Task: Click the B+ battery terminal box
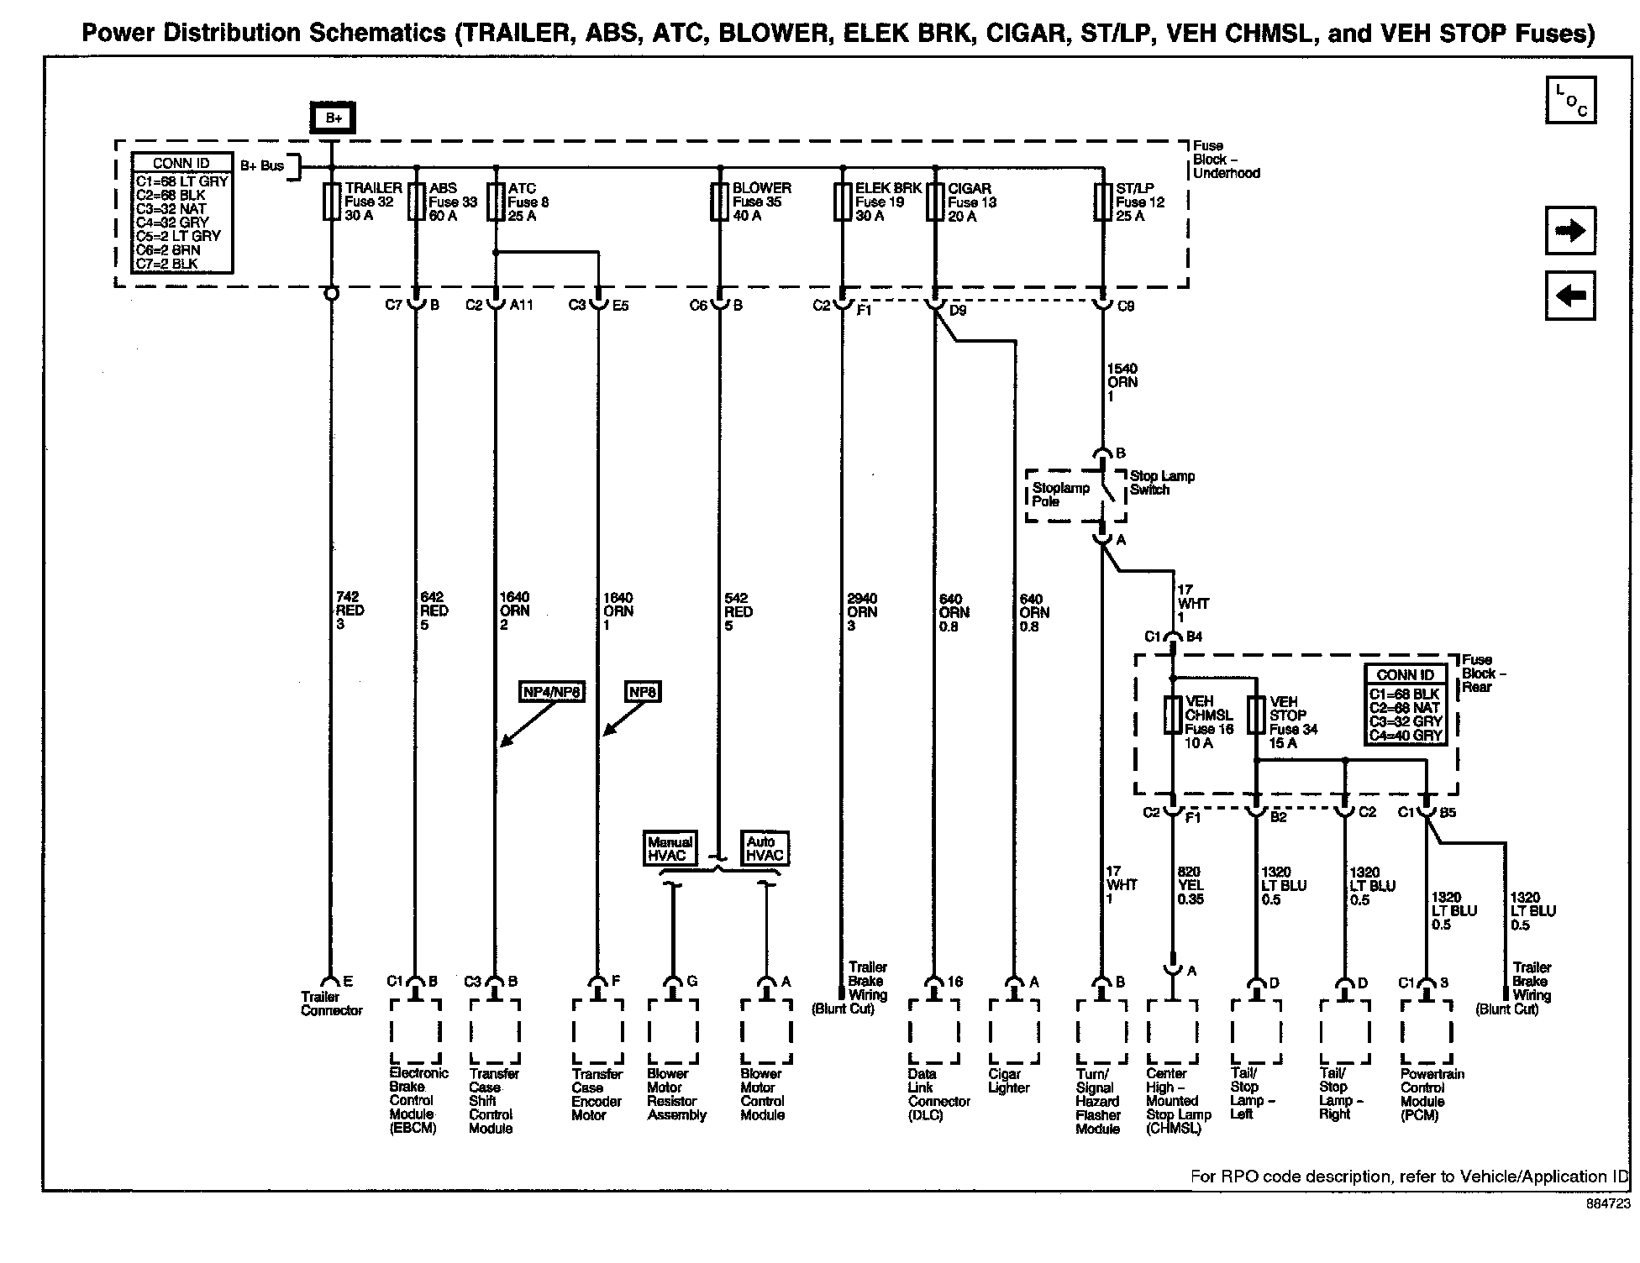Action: click(x=334, y=118)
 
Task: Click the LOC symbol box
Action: click(x=1570, y=101)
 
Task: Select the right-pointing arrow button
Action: click(x=1570, y=231)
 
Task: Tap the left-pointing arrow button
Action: click(x=1570, y=296)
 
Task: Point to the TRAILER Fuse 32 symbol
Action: click(x=332, y=202)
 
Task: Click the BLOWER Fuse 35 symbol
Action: click(x=719, y=202)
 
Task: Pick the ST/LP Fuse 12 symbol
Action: click(x=1102, y=202)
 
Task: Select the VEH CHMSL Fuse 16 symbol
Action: click(x=1172, y=715)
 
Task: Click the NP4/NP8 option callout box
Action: click(x=551, y=692)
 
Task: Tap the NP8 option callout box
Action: click(x=643, y=692)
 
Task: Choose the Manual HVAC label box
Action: click(x=670, y=848)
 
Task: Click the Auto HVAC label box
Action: click(x=765, y=848)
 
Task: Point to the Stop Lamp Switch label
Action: click(x=1161, y=483)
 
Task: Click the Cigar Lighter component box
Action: click(x=1014, y=1031)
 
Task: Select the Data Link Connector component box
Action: click(x=933, y=1031)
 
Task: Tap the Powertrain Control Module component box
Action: click(x=1426, y=1031)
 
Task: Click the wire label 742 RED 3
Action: click(x=350, y=611)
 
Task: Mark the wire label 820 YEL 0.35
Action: click(x=1190, y=885)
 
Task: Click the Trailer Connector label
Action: click(x=331, y=1004)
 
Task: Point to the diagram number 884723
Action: click(x=1607, y=1204)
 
